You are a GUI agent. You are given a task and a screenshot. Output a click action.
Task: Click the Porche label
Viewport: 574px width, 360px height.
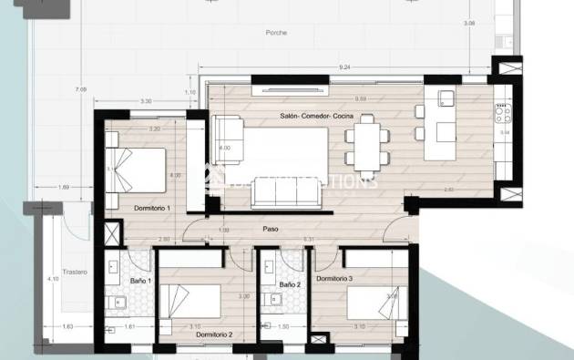click(277, 32)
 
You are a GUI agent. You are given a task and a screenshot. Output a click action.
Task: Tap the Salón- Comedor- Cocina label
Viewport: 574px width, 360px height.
click(318, 117)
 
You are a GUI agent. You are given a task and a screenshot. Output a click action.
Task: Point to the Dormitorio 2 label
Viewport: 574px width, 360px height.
click(215, 335)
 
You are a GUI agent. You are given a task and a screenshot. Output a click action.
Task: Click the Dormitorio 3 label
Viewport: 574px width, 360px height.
click(334, 278)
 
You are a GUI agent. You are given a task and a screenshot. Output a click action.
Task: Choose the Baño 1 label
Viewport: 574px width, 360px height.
click(141, 281)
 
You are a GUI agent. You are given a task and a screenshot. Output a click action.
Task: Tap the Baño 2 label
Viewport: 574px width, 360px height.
click(290, 284)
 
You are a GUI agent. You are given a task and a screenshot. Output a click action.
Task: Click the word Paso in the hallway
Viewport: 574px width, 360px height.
click(271, 229)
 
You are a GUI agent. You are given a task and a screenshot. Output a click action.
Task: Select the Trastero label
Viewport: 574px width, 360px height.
click(76, 271)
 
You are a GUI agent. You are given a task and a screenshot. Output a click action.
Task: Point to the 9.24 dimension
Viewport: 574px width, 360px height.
click(343, 67)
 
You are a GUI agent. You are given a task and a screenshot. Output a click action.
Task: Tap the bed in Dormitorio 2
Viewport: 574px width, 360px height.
click(192, 302)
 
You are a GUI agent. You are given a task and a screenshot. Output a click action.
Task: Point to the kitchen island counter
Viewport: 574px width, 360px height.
click(446, 118)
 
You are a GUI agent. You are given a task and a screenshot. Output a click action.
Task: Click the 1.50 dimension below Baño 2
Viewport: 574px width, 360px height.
click(283, 326)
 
